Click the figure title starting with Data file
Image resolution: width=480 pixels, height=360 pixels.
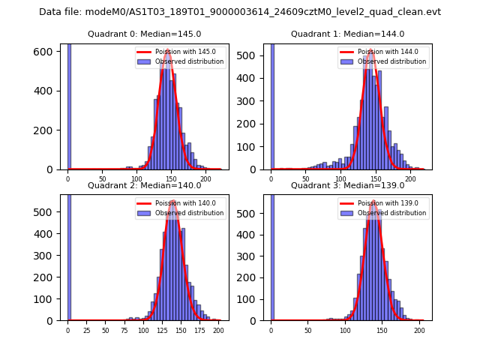240,12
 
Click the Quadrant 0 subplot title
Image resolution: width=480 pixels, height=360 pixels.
145,34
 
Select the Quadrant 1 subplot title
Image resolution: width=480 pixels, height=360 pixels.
347,34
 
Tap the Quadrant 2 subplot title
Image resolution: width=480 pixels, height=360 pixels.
145,185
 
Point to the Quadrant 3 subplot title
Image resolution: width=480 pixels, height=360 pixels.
347,185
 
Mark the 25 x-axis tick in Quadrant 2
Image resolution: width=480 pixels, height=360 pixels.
86,330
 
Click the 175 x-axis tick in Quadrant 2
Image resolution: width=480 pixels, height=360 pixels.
199,330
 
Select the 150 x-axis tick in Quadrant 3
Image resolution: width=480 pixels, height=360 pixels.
382,330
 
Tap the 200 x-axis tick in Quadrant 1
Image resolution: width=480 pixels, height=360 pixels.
410,179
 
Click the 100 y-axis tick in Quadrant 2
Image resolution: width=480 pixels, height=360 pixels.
46,298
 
